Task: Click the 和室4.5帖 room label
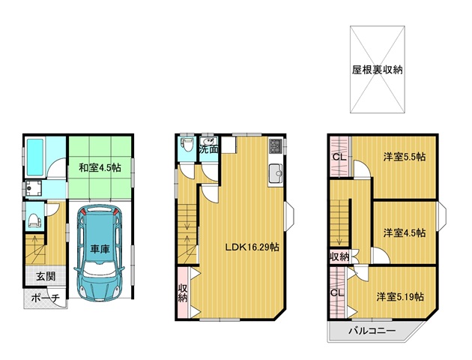[x=100, y=167]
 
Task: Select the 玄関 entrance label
[x=46, y=276]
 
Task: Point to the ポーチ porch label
[x=46, y=298]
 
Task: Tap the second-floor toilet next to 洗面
[x=187, y=145]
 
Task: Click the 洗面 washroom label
[x=209, y=149]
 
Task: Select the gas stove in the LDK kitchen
[x=276, y=145]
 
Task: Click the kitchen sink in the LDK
[x=276, y=173]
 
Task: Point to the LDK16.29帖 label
[x=252, y=247]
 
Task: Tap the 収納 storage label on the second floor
[x=183, y=293]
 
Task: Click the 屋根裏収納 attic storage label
[x=377, y=70]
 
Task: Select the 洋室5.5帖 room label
[x=405, y=157]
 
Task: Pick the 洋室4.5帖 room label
[x=405, y=232]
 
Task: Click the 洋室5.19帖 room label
[x=400, y=297]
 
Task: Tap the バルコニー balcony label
[x=372, y=331]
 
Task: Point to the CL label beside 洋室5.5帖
[x=339, y=157]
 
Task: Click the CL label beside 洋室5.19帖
[x=337, y=292]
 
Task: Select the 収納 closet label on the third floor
[x=339, y=257]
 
